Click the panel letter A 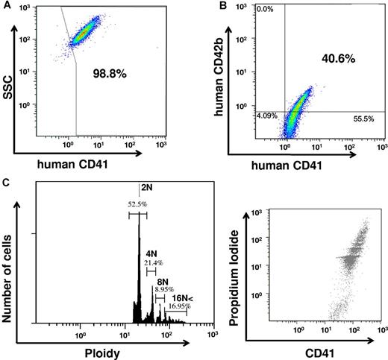pos(7,6)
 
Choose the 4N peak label pos(152,253)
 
